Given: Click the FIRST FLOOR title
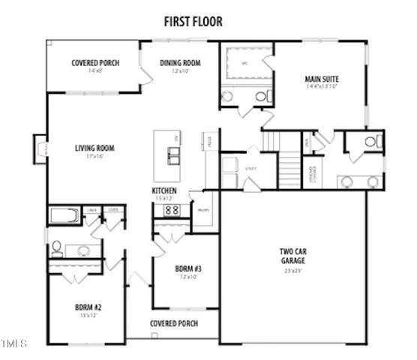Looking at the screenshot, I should pyautogui.click(x=193, y=22).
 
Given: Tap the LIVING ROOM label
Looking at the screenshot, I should pyautogui.click(x=94, y=148).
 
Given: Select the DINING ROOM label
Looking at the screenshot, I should pyautogui.click(x=180, y=63).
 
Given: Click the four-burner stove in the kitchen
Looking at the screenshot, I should pyautogui.click(x=170, y=211).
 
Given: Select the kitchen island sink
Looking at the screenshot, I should pyautogui.click(x=173, y=156).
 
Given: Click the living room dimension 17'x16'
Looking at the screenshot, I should pyautogui.click(x=94, y=157).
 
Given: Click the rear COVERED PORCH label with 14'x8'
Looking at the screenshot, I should pyautogui.click(x=94, y=63).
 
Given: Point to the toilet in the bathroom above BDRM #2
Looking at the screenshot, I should pyautogui.click(x=56, y=247).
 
